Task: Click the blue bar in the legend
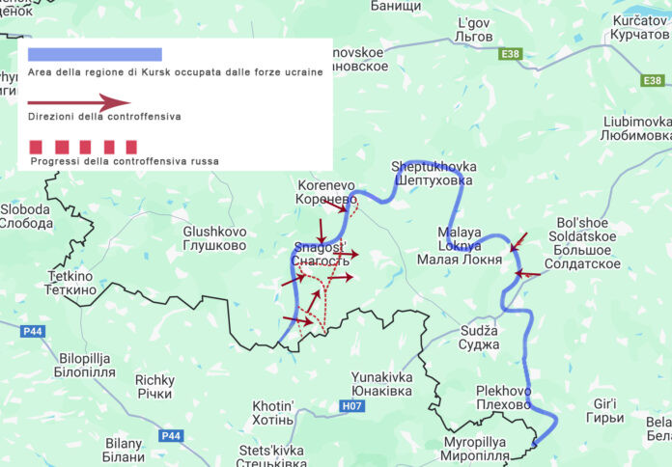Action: click(x=95, y=54)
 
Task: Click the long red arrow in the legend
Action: click(x=79, y=101)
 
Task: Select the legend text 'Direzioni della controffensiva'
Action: click(x=104, y=117)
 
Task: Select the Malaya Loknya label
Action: click(x=459, y=246)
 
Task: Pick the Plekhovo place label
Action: click(x=503, y=398)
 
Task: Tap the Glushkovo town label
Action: click(x=214, y=238)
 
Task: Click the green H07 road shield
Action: click(x=354, y=407)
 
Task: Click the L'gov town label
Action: click(x=474, y=29)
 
